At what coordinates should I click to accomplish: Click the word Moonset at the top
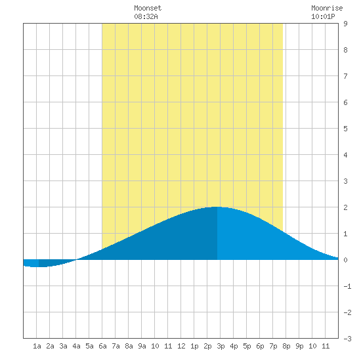point(148,8)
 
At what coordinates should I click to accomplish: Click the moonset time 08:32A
point(146,16)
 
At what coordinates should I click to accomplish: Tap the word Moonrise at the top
point(327,8)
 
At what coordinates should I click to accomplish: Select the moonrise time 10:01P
point(323,16)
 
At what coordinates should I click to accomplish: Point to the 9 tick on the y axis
point(345,24)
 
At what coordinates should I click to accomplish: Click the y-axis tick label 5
point(345,129)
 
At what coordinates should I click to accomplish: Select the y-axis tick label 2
point(345,207)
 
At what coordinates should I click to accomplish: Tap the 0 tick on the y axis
point(345,260)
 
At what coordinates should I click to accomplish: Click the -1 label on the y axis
point(347,286)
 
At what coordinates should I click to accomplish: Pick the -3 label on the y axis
point(347,339)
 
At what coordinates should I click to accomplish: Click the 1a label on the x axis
point(37,346)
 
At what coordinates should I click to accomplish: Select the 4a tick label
point(76,346)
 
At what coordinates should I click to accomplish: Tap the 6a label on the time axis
point(102,346)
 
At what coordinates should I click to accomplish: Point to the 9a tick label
point(142,346)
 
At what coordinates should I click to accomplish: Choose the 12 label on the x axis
point(181,346)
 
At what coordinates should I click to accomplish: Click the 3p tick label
point(221,346)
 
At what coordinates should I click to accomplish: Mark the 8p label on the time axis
point(286,346)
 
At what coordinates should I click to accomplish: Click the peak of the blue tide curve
point(217,207)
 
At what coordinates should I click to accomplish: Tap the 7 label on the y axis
point(345,76)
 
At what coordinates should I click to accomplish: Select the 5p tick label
point(247,346)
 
